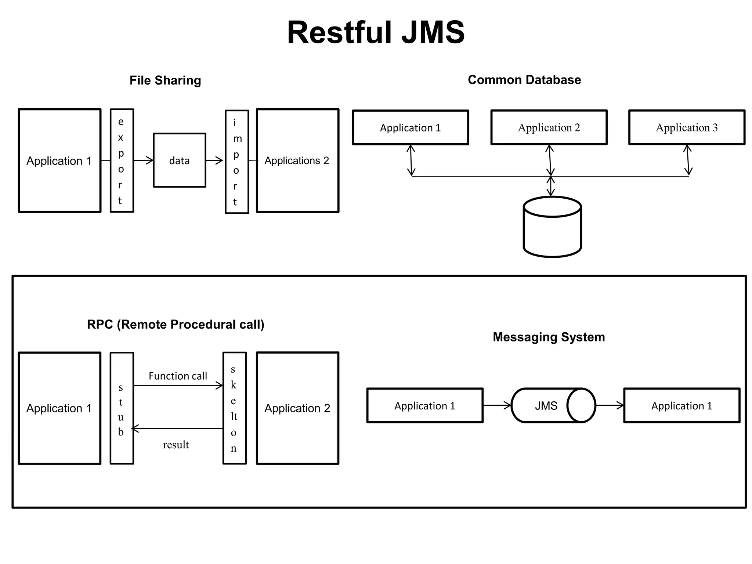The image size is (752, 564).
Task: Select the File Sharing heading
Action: click(165, 80)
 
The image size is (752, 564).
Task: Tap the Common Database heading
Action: click(524, 80)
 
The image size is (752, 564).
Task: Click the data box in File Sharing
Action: click(179, 160)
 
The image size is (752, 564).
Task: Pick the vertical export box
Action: click(122, 160)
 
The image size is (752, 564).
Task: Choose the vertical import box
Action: click(236, 162)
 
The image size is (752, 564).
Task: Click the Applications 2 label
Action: click(297, 160)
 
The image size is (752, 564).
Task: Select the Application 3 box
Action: click(686, 127)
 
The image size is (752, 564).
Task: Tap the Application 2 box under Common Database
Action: click(549, 127)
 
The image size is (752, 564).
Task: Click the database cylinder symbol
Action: click(552, 228)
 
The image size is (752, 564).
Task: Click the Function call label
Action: click(178, 376)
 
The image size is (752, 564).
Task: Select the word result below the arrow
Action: click(176, 445)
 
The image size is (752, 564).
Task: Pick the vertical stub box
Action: click(122, 408)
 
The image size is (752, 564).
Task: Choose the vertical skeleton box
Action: click(234, 408)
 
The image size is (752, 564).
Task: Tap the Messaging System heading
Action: click(549, 337)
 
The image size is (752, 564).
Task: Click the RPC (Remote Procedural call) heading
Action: click(176, 325)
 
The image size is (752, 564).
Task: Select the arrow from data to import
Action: click(214, 160)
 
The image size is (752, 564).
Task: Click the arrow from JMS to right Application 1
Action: click(610, 405)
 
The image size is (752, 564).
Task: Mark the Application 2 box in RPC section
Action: click(297, 408)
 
